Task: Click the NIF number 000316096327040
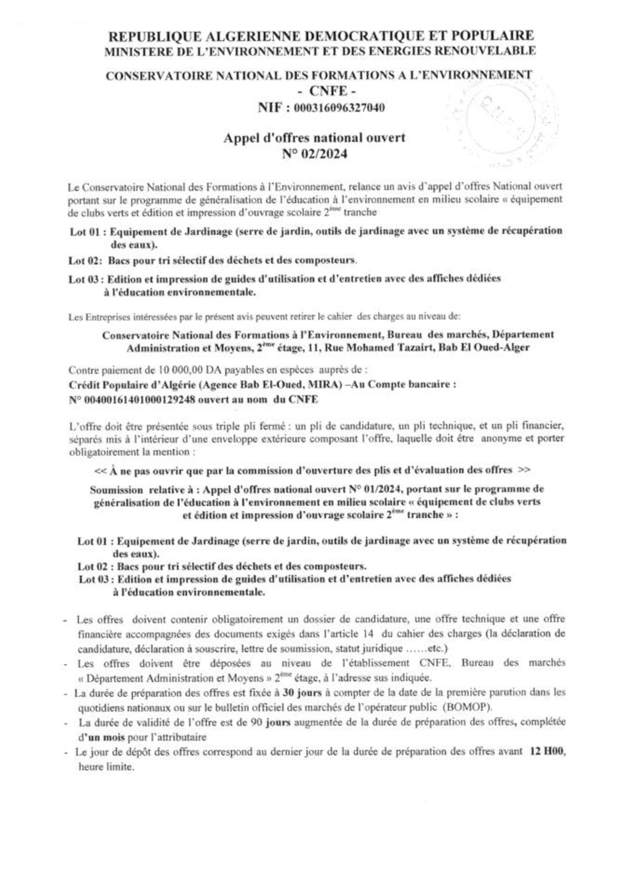338,108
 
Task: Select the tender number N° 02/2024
314,154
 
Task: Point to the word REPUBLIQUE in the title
156,36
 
